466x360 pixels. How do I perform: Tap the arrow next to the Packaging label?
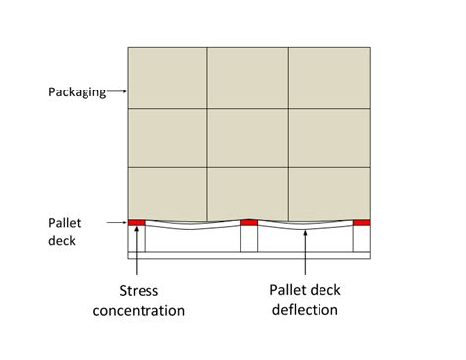[115, 92]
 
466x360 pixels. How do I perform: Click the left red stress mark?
[136, 222]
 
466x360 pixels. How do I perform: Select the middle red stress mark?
[249, 222]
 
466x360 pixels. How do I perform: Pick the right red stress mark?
[362, 222]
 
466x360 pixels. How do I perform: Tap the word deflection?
[305, 311]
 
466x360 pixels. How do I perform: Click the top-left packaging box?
[167, 77]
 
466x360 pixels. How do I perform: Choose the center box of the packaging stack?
[248, 137]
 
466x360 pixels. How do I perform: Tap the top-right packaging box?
[328, 77]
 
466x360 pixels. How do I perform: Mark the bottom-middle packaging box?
[248, 194]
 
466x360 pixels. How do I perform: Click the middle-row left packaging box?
[167, 137]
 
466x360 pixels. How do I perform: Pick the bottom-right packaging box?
[328, 194]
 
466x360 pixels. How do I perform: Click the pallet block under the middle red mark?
[249, 239]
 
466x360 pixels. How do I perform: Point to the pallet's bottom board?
[249, 256]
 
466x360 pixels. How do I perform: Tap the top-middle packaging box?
[248, 77]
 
